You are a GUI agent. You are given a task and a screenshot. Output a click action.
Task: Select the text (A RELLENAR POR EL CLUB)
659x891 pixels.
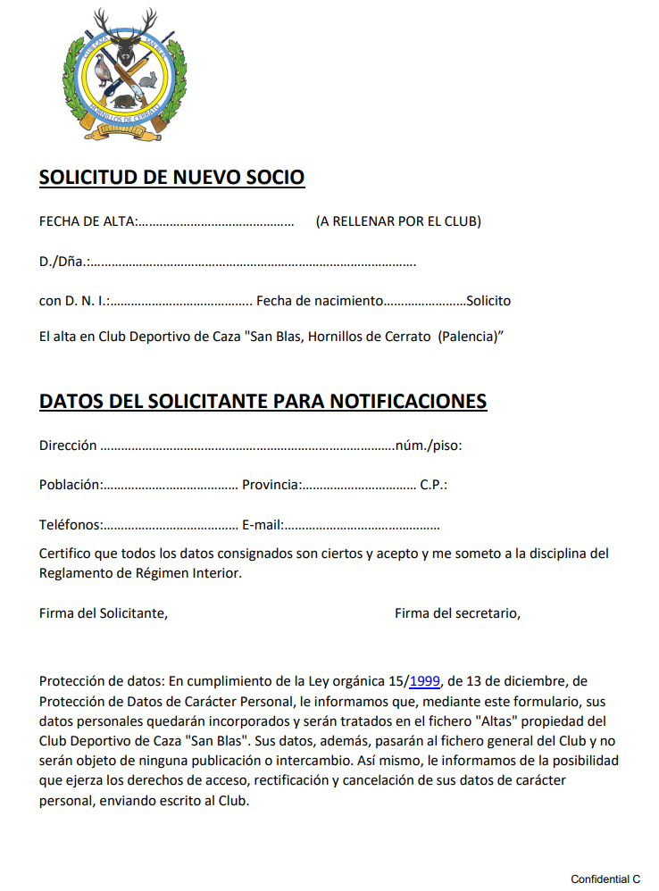click(x=398, y=221)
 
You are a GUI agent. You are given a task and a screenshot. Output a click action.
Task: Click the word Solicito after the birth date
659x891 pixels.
click(x=488, y=301)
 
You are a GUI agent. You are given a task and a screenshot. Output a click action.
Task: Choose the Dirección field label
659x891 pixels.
click(x=68, y=445)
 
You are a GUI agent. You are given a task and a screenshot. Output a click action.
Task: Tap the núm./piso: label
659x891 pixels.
click(x=429, y=445)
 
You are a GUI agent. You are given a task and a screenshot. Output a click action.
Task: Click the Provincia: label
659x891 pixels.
click(x=271, y=485)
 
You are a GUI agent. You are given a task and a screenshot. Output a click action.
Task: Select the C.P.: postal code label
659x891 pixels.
click(x=433, y=485)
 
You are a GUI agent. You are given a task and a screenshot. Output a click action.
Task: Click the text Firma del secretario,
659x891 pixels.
click(x=457, y=612)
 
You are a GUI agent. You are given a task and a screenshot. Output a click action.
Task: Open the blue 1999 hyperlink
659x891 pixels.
click(x=425, y=681)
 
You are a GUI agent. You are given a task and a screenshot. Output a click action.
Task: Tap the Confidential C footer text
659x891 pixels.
click(x=605, y=879)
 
